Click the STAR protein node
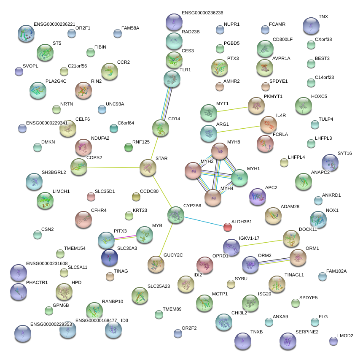click(148, 168)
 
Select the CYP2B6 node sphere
click(175, 215)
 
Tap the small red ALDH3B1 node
click(228, 227)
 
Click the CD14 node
click(160, 128)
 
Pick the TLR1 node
click(172, 78)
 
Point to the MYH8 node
click(220, 151)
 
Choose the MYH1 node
click(239, 178)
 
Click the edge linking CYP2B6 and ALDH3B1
click(202, 221)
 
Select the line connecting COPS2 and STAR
click(113, 167)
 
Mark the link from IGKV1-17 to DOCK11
click(261, 243)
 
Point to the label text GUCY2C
click(173, 255)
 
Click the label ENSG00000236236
click(202, 13)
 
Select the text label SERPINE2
click(307, 332)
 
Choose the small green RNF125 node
click(129, 147)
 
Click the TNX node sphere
click(311, 26)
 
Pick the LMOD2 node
click(333, 341)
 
